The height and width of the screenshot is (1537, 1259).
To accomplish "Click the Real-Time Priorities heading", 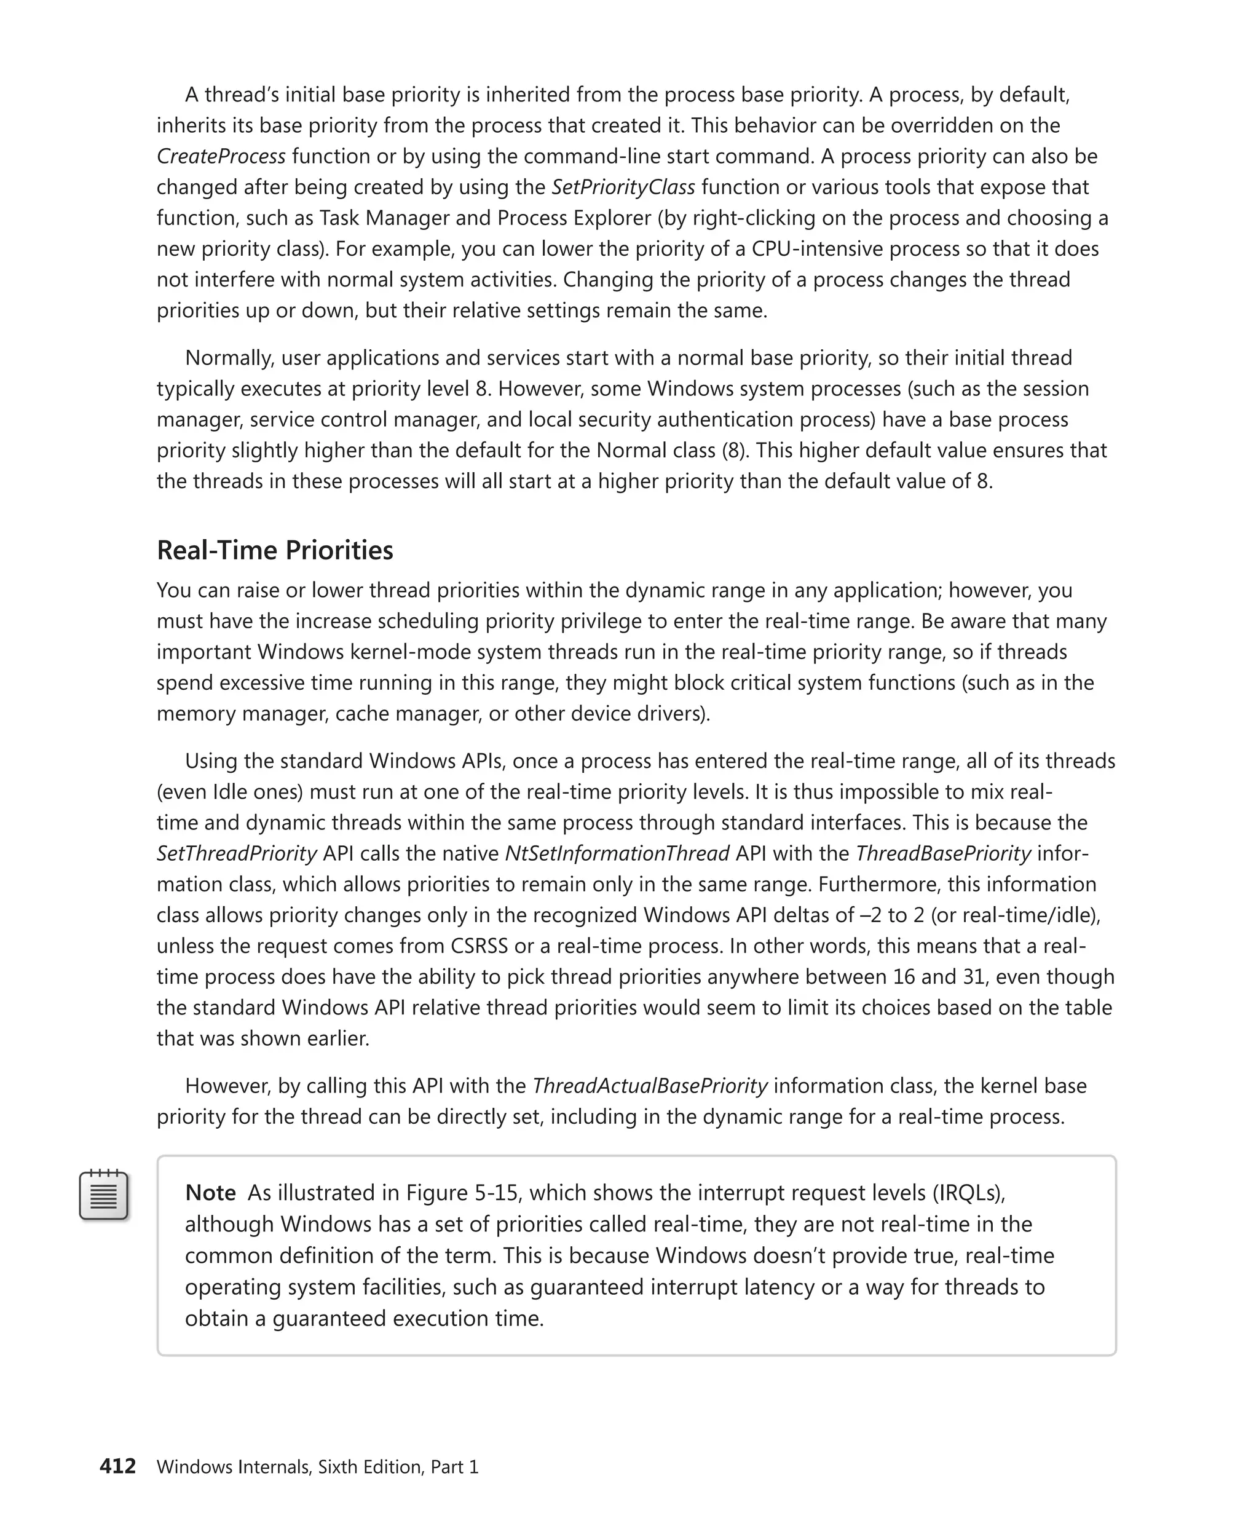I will click(274, 550).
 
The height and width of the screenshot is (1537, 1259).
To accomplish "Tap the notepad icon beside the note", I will click(104, 1195).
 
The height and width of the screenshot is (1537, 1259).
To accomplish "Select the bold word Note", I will click(210, 1193).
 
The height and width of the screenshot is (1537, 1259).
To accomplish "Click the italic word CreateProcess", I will click(221, 157).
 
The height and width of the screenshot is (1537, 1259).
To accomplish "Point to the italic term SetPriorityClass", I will click(623, 187).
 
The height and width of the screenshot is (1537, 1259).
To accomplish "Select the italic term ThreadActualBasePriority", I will click(650, 1085).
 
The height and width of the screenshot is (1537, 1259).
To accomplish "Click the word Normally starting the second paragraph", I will click(229, 358).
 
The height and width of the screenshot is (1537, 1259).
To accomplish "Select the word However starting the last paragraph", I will click(227, 1085).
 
